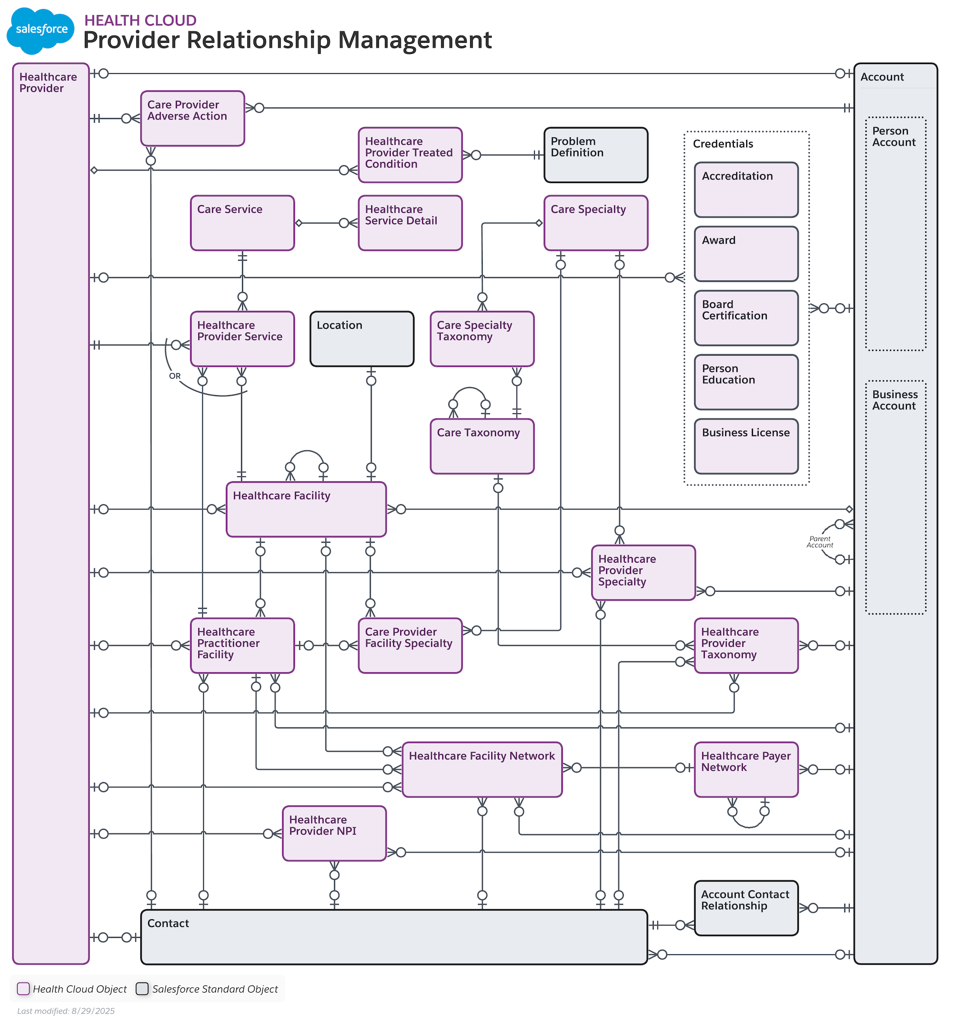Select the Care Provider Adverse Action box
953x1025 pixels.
click(193, 119)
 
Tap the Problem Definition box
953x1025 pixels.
click(596, 155)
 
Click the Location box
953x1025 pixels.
click(362, 338)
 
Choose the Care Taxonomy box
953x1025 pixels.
click(482, 446)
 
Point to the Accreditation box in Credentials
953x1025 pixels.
click(746, 189)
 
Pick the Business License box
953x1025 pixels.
click(746, 446)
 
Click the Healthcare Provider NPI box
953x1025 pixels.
click(334, 833)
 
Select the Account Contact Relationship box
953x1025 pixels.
click(746, 908)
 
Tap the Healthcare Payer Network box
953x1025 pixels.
click(746, 769)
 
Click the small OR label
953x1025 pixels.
click(175, 376)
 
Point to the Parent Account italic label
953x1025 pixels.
click(820, 542)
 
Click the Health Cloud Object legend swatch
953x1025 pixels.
click(23, 988)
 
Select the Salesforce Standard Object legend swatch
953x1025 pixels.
click(142, 988)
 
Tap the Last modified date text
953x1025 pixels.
click(66, 1011)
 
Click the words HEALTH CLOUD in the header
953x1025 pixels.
click(140, 20)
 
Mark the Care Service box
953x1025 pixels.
click(242, 223)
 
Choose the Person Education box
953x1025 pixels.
click(746, 382)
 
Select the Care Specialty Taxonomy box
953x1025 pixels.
click(482, 338)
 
